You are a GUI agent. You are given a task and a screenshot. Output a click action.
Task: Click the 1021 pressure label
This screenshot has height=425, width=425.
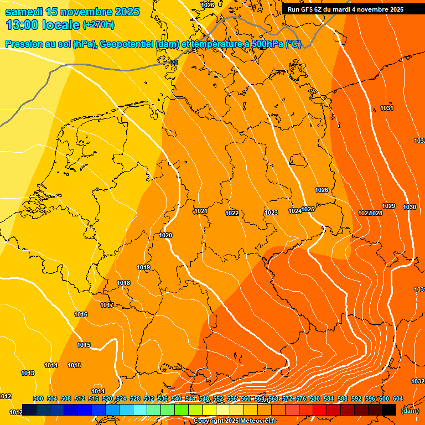pos(201,211)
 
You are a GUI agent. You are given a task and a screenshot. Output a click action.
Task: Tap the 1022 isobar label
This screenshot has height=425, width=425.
pos(232,213)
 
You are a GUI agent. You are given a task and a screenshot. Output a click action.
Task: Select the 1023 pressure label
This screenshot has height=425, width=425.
pos(271,212)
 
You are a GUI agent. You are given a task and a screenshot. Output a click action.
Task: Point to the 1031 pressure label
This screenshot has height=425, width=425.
pos(387,108)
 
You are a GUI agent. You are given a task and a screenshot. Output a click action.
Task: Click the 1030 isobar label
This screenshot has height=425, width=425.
pos(410,207)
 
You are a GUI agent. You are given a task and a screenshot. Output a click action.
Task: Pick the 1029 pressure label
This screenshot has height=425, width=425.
pos(389,206)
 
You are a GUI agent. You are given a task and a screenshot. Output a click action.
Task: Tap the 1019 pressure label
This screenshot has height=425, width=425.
pos(143,267)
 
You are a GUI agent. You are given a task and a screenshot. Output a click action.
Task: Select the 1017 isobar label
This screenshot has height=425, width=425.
pos(107,305)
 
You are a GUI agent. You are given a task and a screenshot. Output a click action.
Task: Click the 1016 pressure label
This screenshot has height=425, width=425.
pos(81,314)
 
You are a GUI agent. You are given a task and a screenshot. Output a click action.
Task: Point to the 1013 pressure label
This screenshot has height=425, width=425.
pos(28,373)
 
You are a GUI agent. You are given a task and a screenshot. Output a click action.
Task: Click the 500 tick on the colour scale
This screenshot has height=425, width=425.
pos(38,398)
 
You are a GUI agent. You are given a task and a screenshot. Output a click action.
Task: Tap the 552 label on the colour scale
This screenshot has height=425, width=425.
pos(218,398)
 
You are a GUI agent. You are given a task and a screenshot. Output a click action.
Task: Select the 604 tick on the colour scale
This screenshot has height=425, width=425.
pos(398,398)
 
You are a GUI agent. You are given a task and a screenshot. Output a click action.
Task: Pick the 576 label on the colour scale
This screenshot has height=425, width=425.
pos(301,398)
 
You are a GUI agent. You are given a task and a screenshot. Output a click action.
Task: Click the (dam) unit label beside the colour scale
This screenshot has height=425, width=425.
pos(410,411)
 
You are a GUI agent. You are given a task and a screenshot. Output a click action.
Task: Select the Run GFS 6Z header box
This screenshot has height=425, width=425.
pos(345,9)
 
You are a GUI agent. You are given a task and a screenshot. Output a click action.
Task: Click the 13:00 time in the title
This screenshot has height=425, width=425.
pos(23,24)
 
